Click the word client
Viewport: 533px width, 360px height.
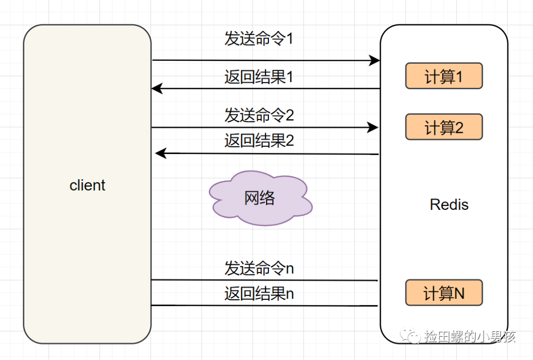click(x=87, y=186)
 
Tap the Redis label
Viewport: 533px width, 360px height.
click(x=449, y=204)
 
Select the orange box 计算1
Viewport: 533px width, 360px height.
click(x=444, y=76)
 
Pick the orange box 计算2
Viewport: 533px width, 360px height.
click(x=444, y=127)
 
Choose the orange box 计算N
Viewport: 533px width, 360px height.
click(x=444, y=293)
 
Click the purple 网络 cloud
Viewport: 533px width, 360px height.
click(x=261, y=198)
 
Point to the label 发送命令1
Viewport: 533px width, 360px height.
click(x=259, y=39)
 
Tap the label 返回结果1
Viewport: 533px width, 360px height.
click(x=259, y=77)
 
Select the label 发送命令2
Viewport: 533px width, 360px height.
click(x=259, y=115)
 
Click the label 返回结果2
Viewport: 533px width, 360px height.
click(x=259, y=140)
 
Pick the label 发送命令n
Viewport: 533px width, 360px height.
click(x=259, y=268)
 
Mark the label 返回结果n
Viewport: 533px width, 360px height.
click(x=259, y=293)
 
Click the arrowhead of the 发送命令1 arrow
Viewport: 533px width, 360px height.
click(x=375, y=61)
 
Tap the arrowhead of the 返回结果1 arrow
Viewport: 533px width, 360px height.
click(x=157, y=88)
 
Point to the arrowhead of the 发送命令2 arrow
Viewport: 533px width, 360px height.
click(x=373, y=127)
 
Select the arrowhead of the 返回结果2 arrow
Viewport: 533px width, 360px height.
click(x=160, y=153)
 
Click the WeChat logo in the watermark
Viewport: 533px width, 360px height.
click(x=410, y=335)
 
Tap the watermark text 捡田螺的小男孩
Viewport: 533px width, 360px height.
click(x=470, y=336)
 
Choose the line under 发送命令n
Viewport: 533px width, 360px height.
click(x=265, y=280)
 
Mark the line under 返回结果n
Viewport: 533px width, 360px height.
click(x=265, y=306)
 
